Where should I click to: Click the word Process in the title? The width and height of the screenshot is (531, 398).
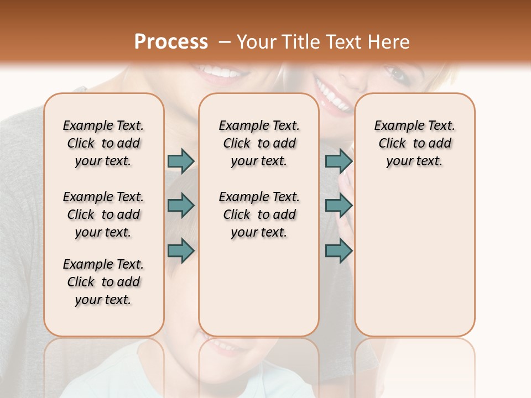click(171, 42)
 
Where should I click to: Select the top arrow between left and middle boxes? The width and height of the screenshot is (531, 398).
click(181, 161)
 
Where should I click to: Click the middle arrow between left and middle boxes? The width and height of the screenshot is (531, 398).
click(181, 206)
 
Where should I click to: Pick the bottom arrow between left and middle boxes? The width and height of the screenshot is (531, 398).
click(181, 250)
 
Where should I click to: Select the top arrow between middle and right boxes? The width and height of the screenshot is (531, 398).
click(339, 161)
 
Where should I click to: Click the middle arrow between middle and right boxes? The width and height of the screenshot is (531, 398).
click(339, 206)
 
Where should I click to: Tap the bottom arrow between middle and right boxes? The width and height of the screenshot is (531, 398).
click(339, 250)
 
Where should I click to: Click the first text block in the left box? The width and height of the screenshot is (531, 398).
click(103, 143)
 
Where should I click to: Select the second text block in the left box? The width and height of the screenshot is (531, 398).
click(103, 214)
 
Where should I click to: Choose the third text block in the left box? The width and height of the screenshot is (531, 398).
click(103, 282)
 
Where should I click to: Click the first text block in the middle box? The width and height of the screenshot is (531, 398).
click(259, 143)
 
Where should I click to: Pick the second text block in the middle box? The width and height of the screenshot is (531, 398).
click(259, 214)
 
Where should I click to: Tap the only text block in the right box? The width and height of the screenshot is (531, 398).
click(414, 143)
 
